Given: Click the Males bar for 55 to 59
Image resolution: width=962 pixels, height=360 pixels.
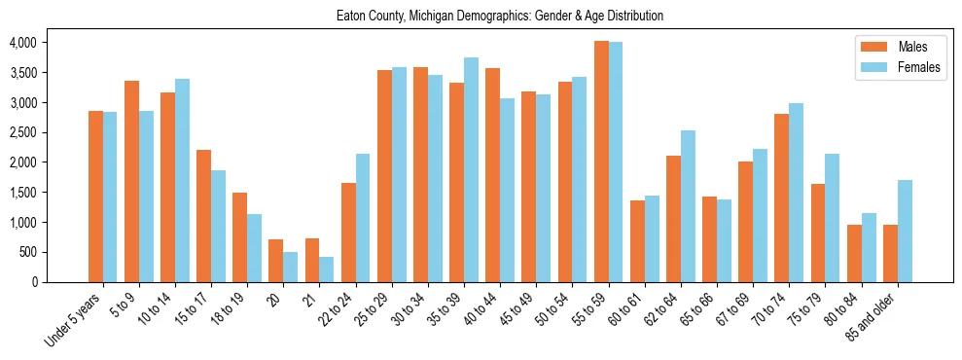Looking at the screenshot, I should point(601,162).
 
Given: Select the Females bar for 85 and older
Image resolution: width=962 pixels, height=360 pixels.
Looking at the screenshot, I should point(905,231).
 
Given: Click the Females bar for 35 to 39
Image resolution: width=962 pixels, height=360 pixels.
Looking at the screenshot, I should point(471,169).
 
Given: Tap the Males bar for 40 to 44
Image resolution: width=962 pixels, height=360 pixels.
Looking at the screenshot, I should point(493,175).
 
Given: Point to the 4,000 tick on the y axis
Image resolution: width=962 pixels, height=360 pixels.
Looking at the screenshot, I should point(22,43).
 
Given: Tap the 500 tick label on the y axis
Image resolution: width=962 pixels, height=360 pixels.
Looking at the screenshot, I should point(27,252).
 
